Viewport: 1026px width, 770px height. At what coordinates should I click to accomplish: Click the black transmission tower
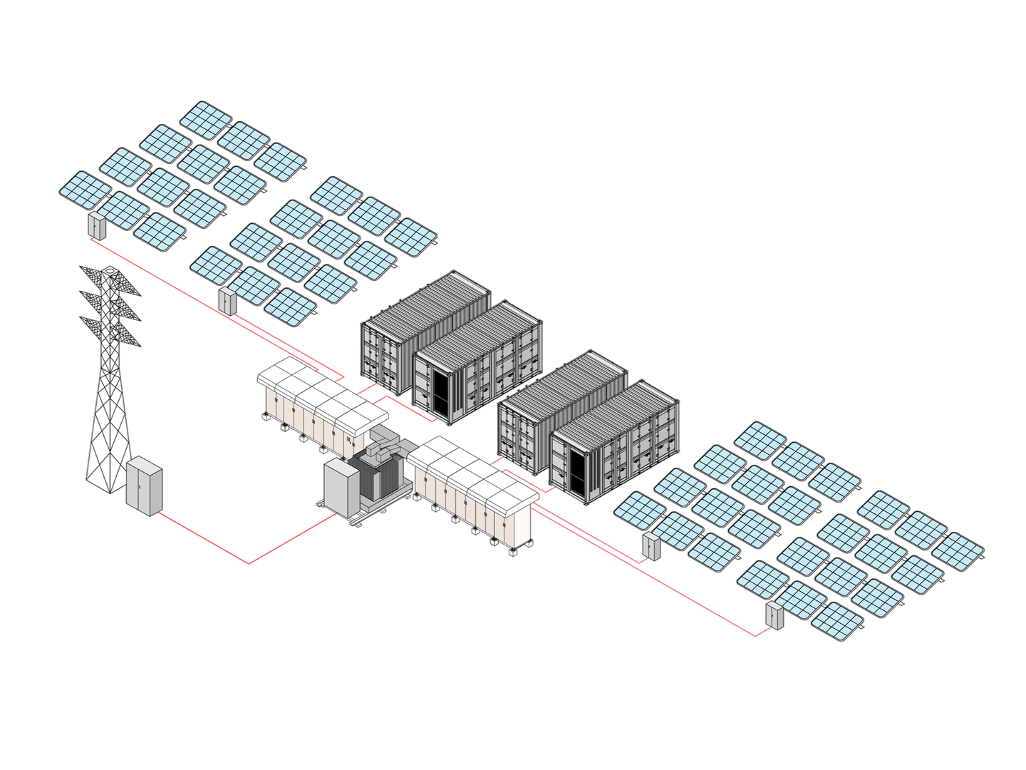110,399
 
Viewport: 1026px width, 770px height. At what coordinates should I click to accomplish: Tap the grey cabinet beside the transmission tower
144,486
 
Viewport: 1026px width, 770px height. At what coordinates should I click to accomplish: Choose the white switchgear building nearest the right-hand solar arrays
474,492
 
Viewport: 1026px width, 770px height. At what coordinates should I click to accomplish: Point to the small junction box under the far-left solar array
96,225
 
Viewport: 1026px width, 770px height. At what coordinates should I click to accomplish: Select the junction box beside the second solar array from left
227,301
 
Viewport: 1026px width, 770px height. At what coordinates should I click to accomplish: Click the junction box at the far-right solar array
774,615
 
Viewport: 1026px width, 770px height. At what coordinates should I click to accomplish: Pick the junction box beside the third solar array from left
651,546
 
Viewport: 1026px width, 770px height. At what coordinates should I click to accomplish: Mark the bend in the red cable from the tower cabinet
249,563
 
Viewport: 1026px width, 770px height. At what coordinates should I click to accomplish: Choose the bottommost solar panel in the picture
838,622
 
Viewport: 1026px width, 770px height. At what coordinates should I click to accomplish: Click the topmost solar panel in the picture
206,120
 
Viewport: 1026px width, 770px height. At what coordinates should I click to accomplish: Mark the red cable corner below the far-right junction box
757,635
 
